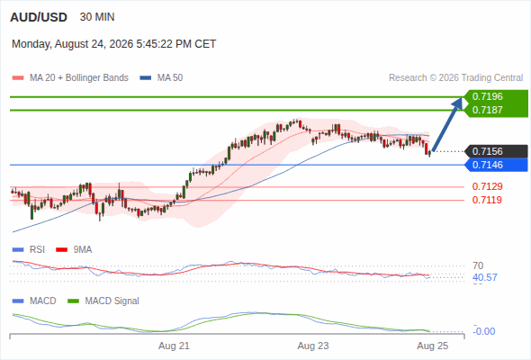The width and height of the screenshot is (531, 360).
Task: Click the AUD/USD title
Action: click(x=39, y=17)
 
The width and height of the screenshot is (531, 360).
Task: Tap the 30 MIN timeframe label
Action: click(x=97, y=17)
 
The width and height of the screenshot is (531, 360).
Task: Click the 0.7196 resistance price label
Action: click(x=487, y=96)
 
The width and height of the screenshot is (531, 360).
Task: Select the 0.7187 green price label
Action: click(x=487, y=110)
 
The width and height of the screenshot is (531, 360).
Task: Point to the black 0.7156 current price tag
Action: click(x=487, y=151)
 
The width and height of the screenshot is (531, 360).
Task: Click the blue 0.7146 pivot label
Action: click(x=487, y=165)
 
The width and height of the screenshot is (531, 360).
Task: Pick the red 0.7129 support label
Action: click(x=487, y=186)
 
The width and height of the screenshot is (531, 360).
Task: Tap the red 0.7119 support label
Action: click(x=487, y=200)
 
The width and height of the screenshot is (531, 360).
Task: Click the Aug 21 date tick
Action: click(x=174, y=346)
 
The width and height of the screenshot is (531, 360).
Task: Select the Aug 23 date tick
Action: click(x=313, y=346)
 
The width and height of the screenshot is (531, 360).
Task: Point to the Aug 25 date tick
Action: click(x=433, y=346)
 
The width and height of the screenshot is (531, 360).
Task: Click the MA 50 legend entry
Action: click(x=161, y=78)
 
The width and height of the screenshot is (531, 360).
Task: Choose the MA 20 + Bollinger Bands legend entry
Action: click(x=70, y=78)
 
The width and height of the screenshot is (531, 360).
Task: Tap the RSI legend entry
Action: click(x=29, y=249)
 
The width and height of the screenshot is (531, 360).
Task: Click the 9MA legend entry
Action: click(x=74, y=249)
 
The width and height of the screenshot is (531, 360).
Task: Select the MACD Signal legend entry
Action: click(x=103, y=301)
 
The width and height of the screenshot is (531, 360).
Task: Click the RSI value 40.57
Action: click(x=485, y=278)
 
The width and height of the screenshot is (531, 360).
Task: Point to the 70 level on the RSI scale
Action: click(x=478, y=265)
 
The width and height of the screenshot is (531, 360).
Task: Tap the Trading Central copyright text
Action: click(x=455, y=78)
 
